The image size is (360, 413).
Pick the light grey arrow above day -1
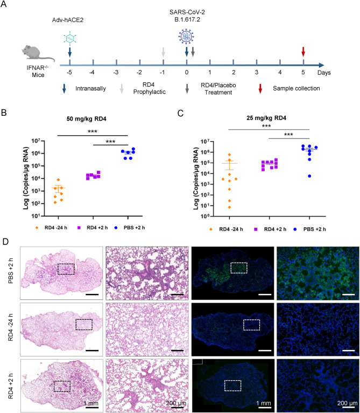(163, 52)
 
